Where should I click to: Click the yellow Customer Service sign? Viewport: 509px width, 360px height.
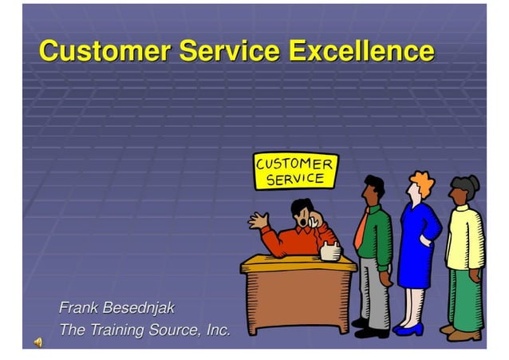[x=295, y=171]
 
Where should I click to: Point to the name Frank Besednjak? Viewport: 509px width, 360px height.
[x=116, y=308]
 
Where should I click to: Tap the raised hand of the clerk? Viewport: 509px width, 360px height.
[x=258, y=220]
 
